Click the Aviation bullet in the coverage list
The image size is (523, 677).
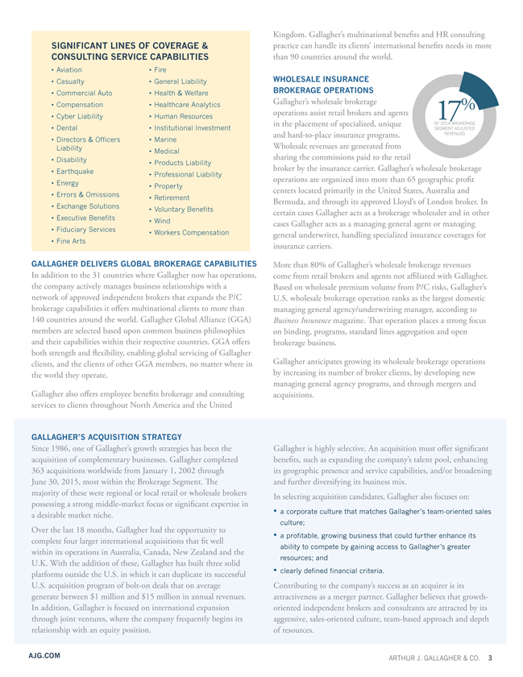coord(72,71)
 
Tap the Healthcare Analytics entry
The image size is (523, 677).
coord(185,105)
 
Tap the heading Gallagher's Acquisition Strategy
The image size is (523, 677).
coord(106,437)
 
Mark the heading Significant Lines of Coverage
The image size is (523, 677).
coord(129,52)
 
